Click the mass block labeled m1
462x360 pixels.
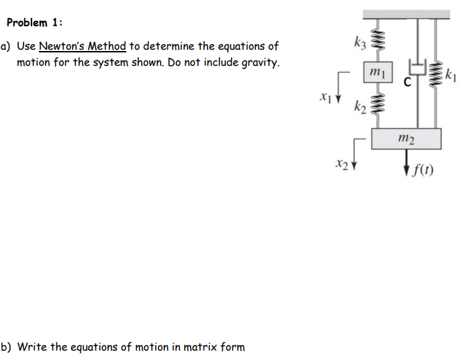[375, 73]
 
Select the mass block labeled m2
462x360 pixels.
[406, 138]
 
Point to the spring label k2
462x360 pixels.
[359, 106]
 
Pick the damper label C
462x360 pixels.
[408, 84]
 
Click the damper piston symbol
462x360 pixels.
[417, 68]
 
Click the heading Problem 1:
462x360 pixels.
[35, 22]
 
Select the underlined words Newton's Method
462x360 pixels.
[83, 46]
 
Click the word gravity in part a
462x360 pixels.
[255, 63]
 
